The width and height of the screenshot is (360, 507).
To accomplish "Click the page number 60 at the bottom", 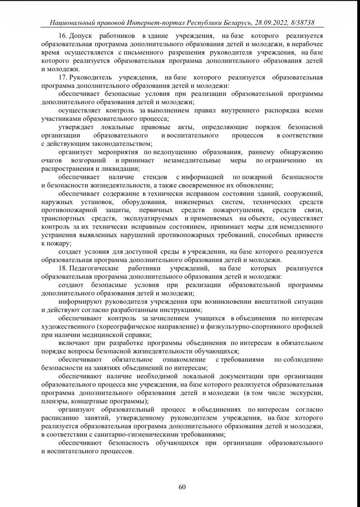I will click(x=182, y=487).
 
